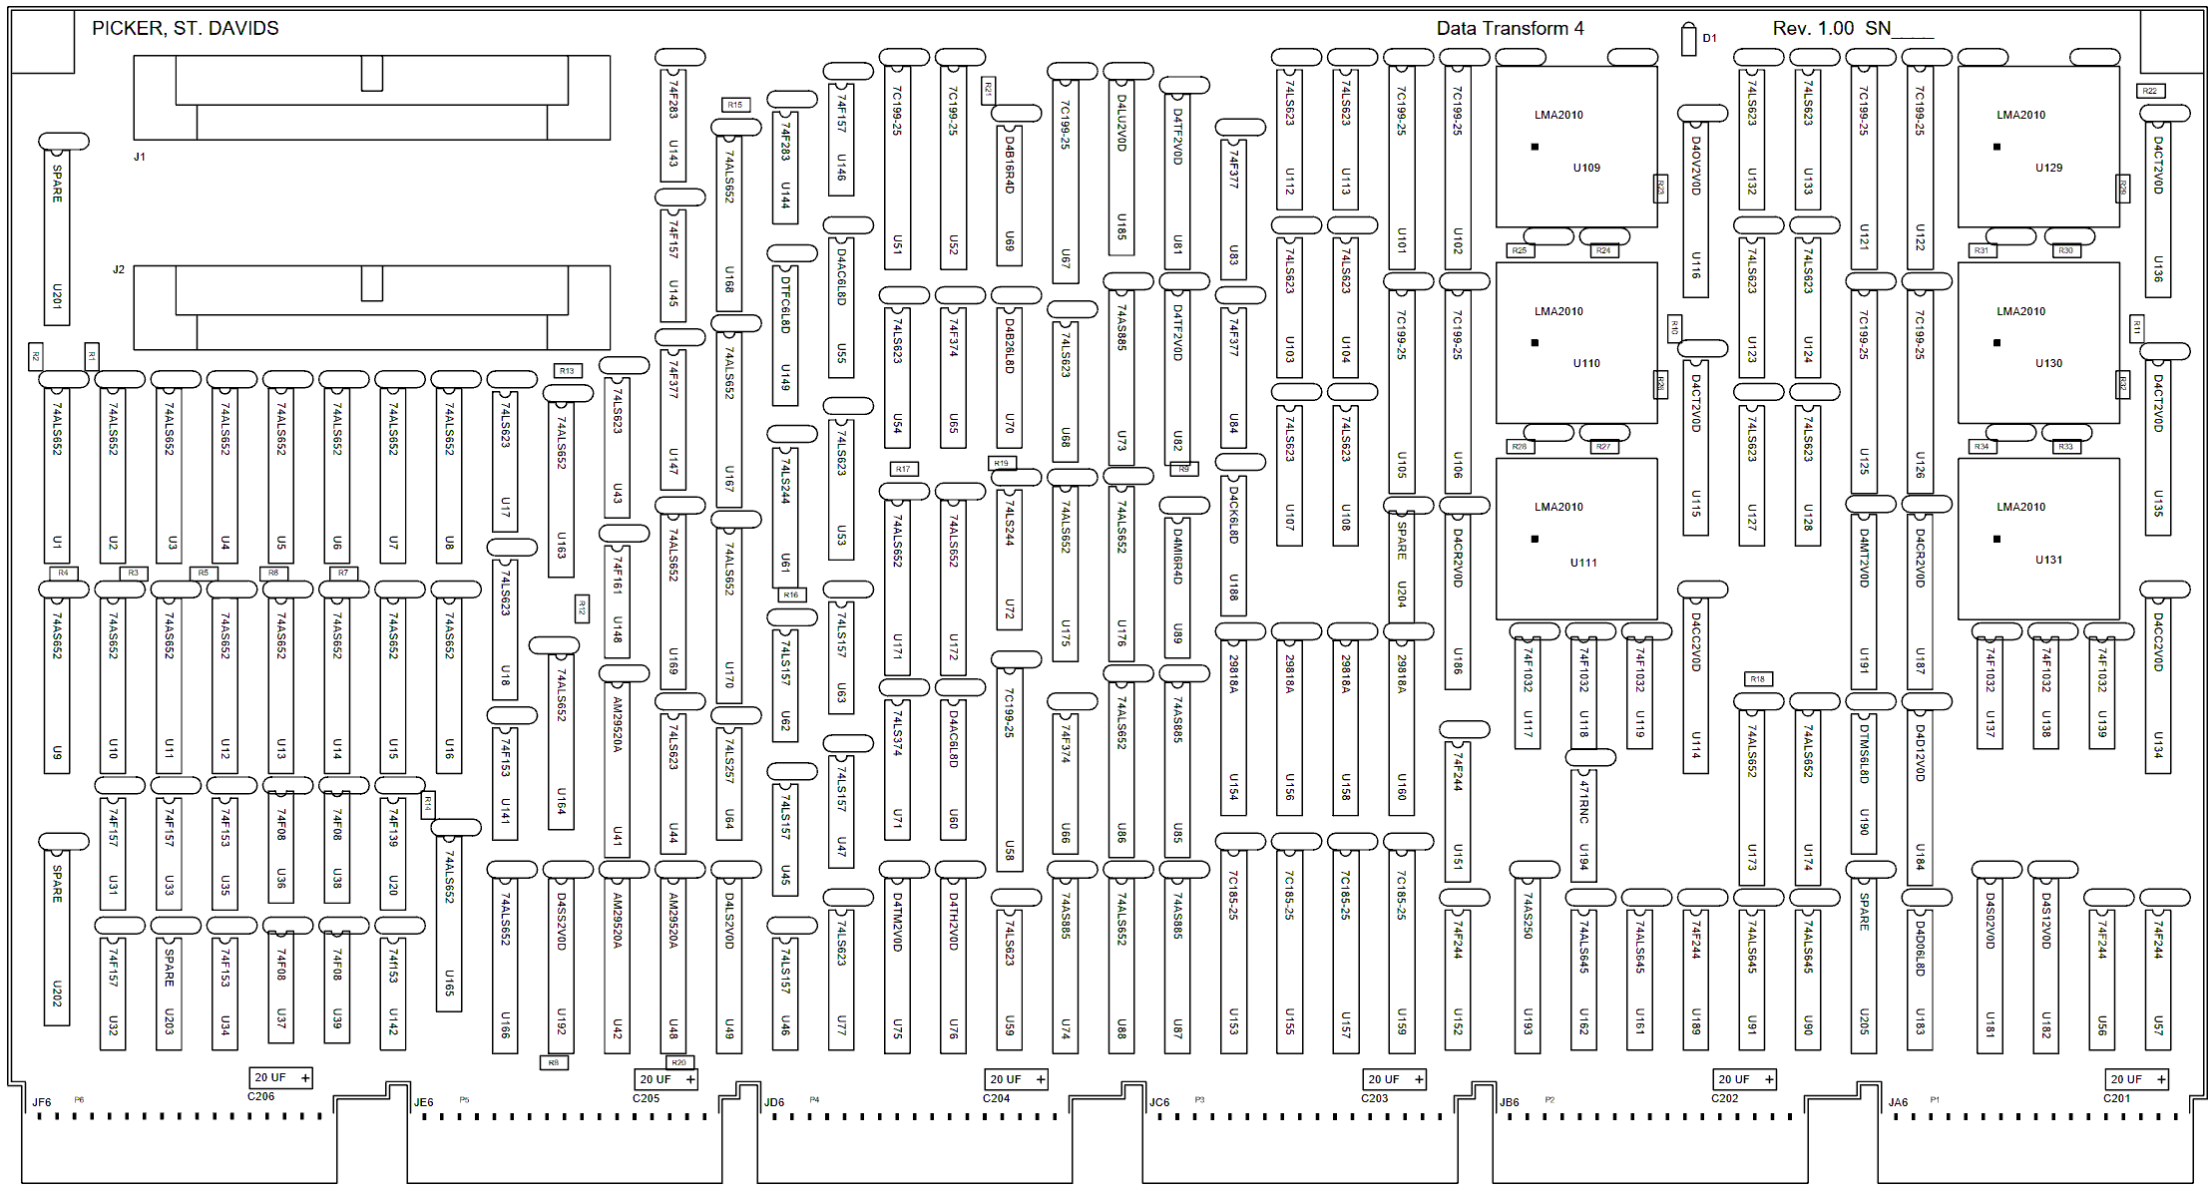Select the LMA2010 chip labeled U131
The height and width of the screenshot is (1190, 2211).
pyautogui.click(x=2037, y=539)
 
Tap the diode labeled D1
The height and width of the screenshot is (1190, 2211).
pyautogui.click(x=1688, y=40)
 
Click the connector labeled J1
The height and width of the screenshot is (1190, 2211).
pyautogui.click(x=371, y=98)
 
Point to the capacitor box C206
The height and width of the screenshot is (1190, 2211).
pyautogui.click(x=280, y=1077)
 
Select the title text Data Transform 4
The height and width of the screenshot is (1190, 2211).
pyautogui.click(x=1509, y=28)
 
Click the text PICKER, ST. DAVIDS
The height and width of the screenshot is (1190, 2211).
pyautogui.click(x=186, y=28)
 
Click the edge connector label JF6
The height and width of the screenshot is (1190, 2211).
pyautogui.click(x=42, y=1102)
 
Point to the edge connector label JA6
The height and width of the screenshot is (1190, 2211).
pyautogui.click(x=1898, y=1102)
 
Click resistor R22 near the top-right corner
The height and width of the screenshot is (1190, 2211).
pyautogui.click(x=2149, y=91)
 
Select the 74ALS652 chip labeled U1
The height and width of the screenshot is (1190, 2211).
pyautogui.click(x=57, y=469)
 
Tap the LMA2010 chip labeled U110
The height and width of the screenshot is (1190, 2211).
pyautogui.click(x=1575, y=343)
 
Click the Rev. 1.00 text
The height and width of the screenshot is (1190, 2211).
pyautogui.click(x=1813, y=28)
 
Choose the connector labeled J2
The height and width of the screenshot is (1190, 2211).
pyautogui.click(x=371, y=307)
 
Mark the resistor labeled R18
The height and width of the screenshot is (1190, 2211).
pyautogui.click(x=1757, y=679)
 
